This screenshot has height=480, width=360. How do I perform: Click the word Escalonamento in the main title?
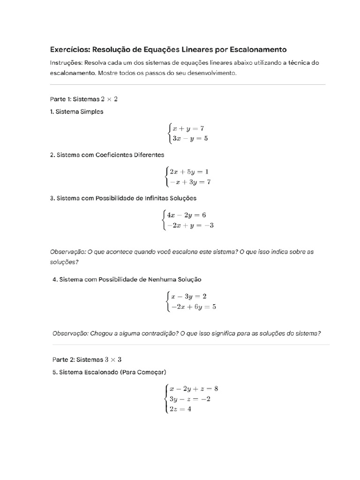pos(256,49)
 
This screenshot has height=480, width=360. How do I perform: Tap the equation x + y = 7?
pos(188,128)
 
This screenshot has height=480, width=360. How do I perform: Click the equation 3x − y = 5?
pos(189,138)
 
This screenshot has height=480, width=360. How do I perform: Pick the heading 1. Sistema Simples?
pos(77,112)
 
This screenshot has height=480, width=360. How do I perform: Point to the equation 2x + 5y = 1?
pos(189,172)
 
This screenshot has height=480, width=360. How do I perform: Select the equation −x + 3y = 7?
pos(190,182)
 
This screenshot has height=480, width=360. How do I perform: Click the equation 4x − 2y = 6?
pos(186,215)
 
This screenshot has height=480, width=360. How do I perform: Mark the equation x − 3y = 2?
pos(189,296)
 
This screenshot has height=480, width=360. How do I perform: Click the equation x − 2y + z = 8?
pos(194,389)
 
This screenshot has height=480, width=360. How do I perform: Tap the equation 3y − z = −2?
pos(190,399)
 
